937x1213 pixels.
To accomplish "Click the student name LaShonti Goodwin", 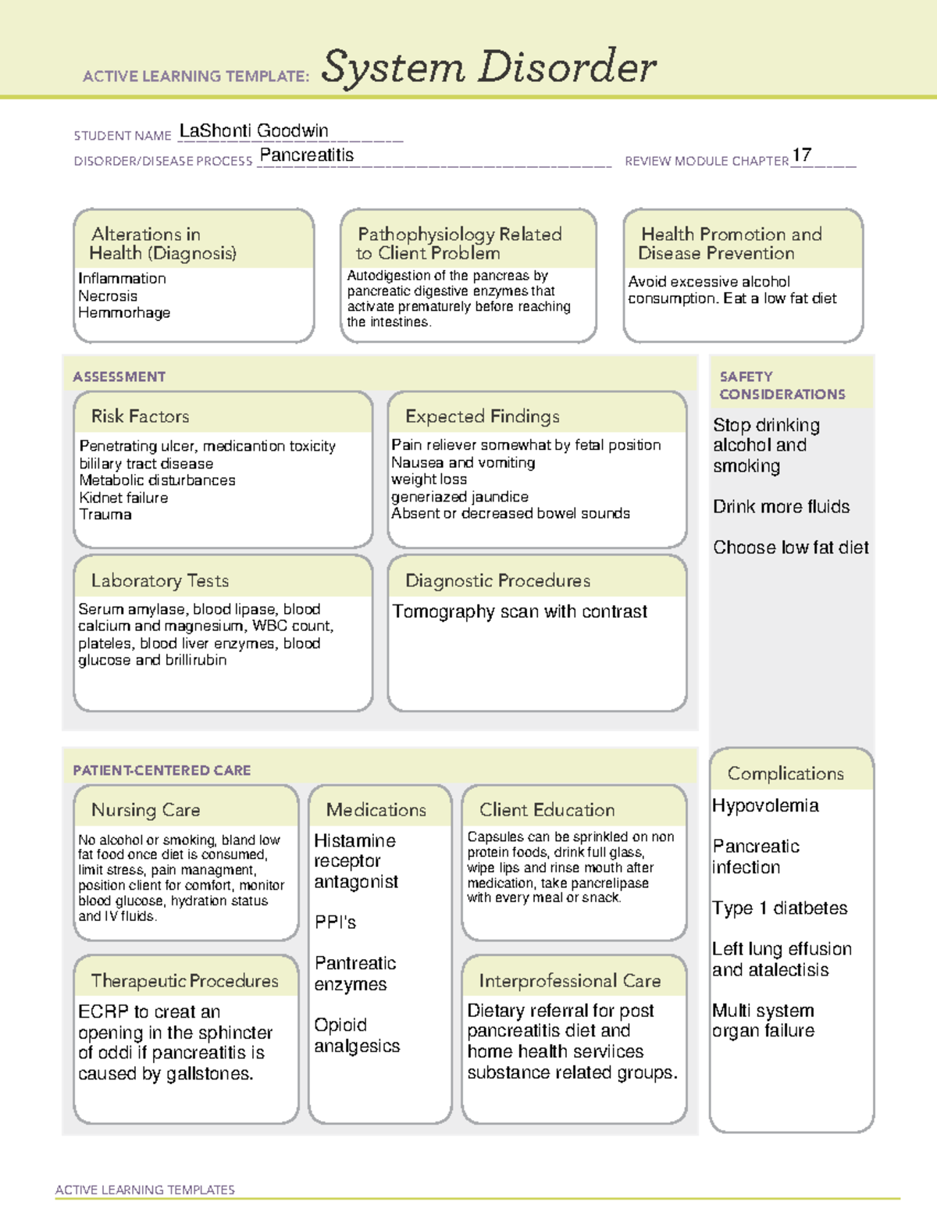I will (254, 131).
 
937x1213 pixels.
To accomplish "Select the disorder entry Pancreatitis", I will (306, 155).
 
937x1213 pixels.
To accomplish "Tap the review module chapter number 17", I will (802, 155).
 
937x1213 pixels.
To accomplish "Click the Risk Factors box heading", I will (141, 416).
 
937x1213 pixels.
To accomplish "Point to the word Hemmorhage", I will (124, 313).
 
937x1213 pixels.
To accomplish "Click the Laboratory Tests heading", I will (160, 581).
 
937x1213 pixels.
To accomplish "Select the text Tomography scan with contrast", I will (519, 612).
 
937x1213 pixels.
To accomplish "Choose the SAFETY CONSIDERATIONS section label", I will (782, 386).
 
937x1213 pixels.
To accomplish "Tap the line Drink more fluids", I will (781, 507).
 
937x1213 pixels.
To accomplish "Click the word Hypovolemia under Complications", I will (765, 806).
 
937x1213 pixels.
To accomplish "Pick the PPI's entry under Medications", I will (335, 922).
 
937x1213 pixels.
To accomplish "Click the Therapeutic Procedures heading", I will (185, 981).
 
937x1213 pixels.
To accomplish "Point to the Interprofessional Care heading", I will (570, 981).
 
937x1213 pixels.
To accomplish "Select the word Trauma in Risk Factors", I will (105, 515).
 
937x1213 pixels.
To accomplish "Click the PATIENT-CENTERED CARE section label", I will (162, 770).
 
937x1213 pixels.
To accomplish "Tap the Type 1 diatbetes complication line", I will (779, 908).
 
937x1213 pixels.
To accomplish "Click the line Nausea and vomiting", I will (463, 462).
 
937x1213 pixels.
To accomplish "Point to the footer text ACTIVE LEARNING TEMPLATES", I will (145, 1190).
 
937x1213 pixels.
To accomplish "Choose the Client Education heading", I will (547, 810).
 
